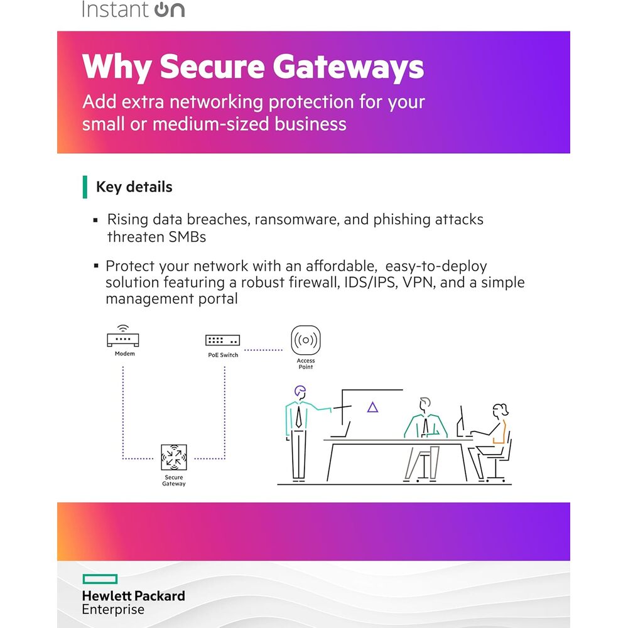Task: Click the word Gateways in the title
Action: coord(349,67)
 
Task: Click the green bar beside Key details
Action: coord(85,187)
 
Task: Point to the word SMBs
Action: coord(187,237)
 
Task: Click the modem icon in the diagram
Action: coord(123,336)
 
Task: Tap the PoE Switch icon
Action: coord(223,340)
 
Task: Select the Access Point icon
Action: coord(306,340)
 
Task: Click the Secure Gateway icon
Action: coord(174,457)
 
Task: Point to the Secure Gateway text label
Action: coord(174,480)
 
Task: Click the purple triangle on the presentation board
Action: coord(373,408)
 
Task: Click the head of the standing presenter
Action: coord(300,392)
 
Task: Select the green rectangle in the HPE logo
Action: coord(100,579)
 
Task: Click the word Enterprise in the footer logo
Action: coord(113,610)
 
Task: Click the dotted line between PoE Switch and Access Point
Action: coord(264,350)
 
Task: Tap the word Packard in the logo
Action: coord(160,596)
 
